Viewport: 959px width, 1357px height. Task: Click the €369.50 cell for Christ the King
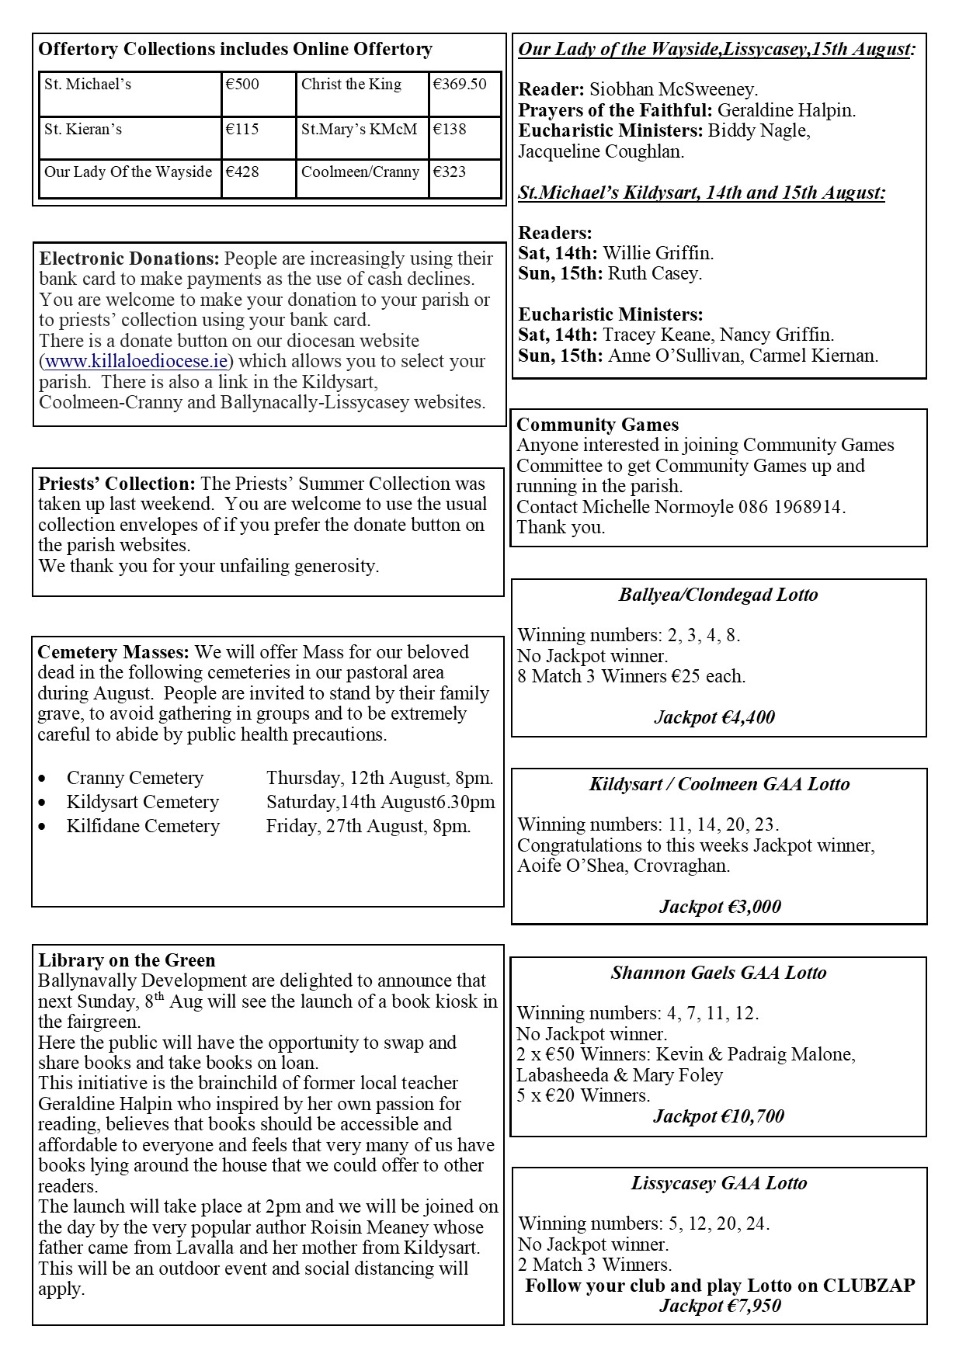(460, 85)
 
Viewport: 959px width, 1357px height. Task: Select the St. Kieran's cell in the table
(83, 130)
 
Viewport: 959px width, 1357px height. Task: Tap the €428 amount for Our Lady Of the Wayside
(242, 172)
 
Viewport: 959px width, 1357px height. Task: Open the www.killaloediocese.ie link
(137, 361)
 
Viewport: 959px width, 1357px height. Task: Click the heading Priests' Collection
(116, 484)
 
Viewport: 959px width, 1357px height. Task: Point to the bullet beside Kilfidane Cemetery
(42, 827)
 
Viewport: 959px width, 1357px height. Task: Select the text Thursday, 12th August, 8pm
(380, 778)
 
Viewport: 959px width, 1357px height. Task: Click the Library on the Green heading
(127, 960)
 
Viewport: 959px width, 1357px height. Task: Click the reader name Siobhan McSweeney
(673, 89)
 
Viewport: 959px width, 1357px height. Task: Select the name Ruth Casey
(655, 273)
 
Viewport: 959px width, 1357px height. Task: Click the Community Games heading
(597, 425)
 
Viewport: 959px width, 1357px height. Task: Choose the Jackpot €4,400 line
(714, 717)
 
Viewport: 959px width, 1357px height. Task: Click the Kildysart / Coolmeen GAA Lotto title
(719, 784)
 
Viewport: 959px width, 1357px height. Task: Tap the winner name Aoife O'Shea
(571, 866)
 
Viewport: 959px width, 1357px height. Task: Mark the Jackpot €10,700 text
(718, 1116)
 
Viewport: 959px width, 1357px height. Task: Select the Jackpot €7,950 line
(720, 1305)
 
